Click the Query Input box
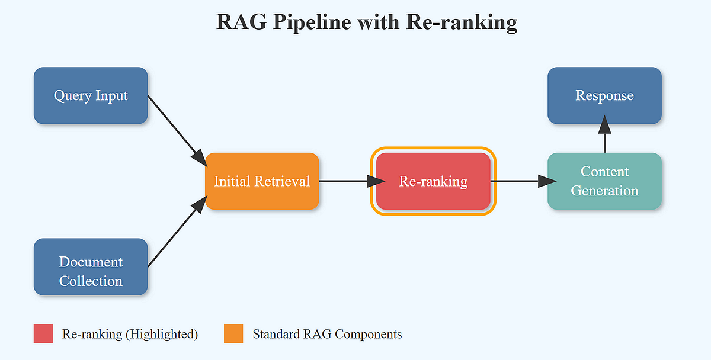(x=91, y=95)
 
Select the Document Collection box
(x=91, y=266)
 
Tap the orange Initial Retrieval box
(x=262, y=181)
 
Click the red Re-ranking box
(x=433, y=181)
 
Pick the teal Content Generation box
(x=604, y=181)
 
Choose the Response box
(x=604, y=95)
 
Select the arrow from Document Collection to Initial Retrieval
(x=176, y=233)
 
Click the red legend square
(x=43, y=333)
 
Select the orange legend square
(x=233, y=333)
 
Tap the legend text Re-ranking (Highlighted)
(x=130, y=334)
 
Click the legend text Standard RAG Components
(x=327, y=334)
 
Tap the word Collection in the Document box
(x=91, y=281)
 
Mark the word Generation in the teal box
(x=604, y=191)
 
